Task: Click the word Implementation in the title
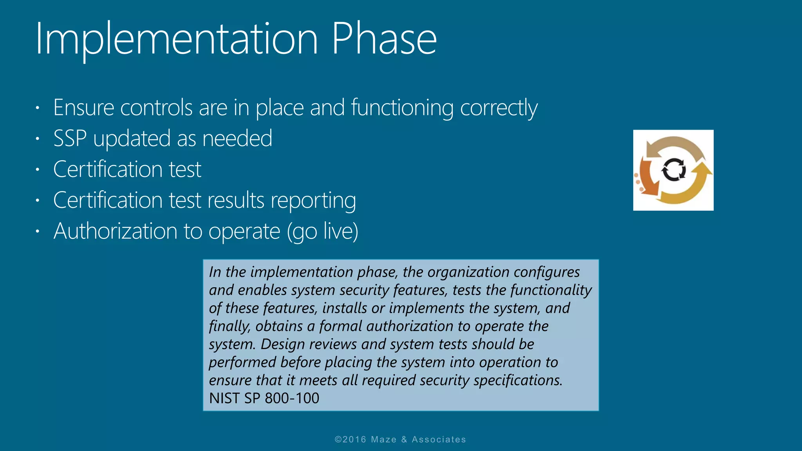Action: point(176,39)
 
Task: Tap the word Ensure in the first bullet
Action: point(83,108)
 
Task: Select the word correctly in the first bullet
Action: point(499,108)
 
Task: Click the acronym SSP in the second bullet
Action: point(70,139)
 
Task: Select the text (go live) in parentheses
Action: point(322,231)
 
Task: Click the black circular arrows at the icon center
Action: point(674,170)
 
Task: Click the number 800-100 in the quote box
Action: point(292,398)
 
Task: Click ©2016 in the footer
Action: point(350,440)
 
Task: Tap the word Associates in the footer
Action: point(439,440)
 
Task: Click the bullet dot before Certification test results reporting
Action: point(38,200)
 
